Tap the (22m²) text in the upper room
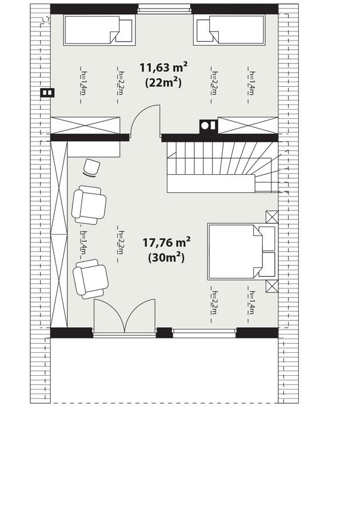(x=164, y=82)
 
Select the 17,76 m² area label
(x=166, y=243)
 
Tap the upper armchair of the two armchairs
(x=89, y=204)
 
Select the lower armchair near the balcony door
(x=90, y=278)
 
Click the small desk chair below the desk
(x=91, y=167)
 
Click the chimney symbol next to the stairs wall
(x=207, y=125)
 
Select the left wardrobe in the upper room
(x=86, y=125)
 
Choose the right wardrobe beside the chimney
(x=247, y=125)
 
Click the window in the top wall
(x=164, y=9)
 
